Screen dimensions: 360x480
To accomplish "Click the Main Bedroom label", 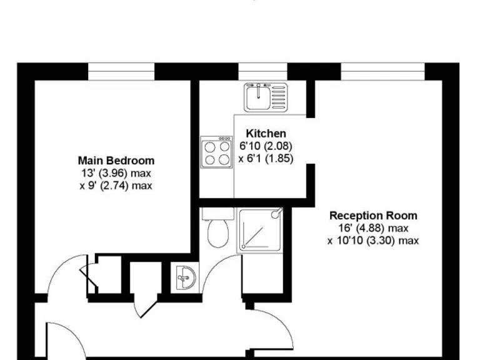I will tap(116, 161).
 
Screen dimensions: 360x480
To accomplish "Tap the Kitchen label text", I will tap(266, 133).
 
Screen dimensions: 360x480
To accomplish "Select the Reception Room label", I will tap(373, 216).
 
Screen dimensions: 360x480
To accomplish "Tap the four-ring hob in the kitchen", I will tap(216, 152).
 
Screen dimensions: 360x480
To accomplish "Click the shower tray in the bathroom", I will tap(259, 230).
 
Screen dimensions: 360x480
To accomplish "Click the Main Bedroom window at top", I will tap(121, 71).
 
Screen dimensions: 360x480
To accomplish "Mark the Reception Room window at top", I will tap(372, 71).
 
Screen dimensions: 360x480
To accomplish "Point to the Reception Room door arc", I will tap(275, 325).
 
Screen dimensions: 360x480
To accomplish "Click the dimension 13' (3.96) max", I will tap(116, 173).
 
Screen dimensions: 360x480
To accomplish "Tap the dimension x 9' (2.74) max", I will tap(116, 186).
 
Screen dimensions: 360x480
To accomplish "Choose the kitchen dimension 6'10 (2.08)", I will tap(266, 146).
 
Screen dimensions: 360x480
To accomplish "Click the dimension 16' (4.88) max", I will tap(373, 228).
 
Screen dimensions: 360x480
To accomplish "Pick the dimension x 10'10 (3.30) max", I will tap(373, 241).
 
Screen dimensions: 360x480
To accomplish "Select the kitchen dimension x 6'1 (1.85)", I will tap(266, 158).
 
